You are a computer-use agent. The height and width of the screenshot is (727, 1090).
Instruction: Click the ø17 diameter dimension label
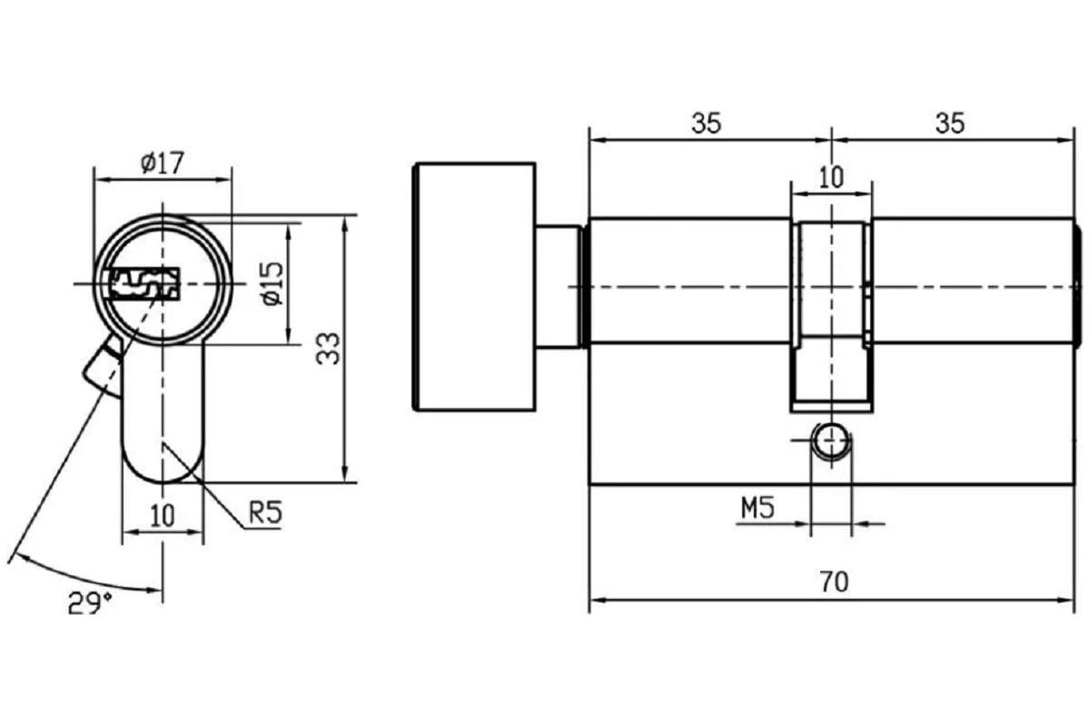click(x=163, y=163)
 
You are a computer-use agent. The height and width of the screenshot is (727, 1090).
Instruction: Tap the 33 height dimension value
click(x=328, y=349)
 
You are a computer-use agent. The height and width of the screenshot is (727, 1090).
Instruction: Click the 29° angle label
click(x=89, y=601)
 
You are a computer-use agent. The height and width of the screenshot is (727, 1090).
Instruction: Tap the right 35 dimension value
click(x=950, y=124)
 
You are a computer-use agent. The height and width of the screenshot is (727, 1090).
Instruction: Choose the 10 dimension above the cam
click(x=831, y=177)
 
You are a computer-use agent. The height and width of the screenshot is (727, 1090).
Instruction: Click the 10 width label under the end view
click(x=163, y=516)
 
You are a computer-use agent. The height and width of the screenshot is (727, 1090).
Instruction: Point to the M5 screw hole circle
click(x=830, y=443)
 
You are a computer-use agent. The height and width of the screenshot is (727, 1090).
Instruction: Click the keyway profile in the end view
click(x=144, y=283)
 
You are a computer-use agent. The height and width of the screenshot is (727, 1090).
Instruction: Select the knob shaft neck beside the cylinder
click(x=558, y=286)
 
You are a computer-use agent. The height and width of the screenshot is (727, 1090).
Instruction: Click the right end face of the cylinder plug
click(x=1077, y=284)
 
